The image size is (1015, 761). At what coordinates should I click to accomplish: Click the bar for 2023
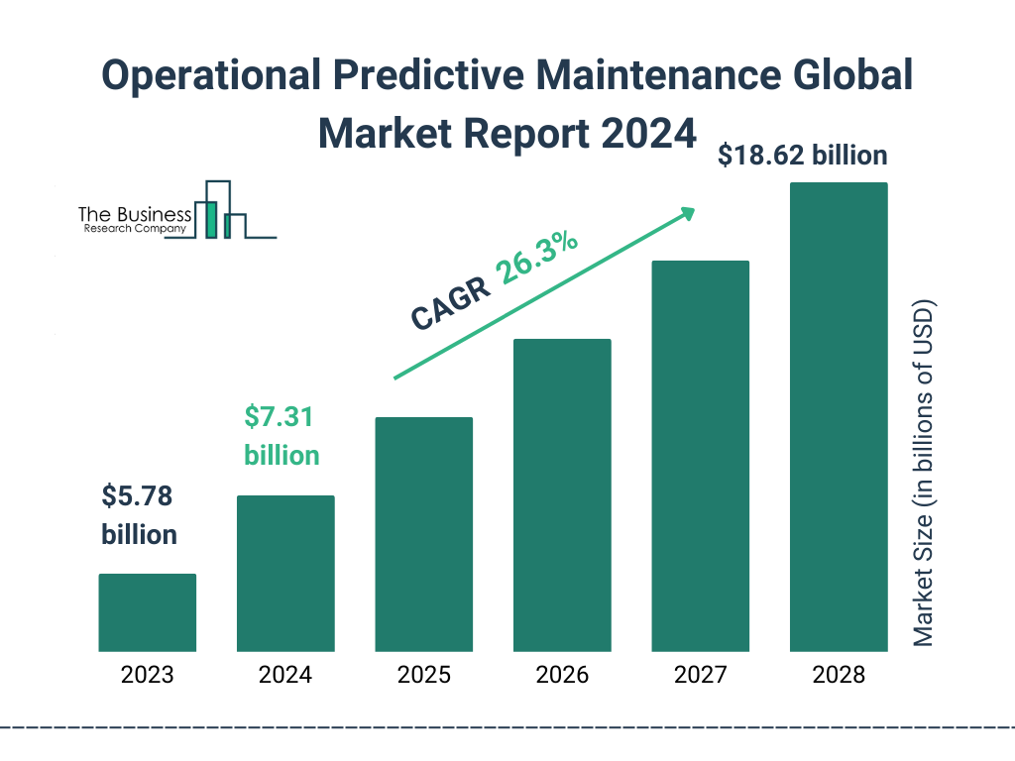tap(147, 612)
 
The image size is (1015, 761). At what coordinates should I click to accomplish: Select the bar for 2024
tap(285, 573)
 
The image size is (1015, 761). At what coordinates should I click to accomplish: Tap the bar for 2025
tap(423, 534)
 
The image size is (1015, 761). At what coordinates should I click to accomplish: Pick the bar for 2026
tap(562, 494)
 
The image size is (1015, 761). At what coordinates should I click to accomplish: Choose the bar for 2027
tap(700, 456)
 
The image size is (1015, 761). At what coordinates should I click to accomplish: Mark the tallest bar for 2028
tap(839, 417)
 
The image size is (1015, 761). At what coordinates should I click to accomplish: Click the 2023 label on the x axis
tap(147, 676)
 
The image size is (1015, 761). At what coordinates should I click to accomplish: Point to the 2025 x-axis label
tap(423, 676)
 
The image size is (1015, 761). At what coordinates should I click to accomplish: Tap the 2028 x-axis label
tap(839, 676)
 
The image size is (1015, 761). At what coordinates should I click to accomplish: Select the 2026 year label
tap(562, 676)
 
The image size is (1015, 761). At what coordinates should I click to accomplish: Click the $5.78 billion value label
tap(140, 515)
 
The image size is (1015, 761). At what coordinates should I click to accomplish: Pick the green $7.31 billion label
tap(282, 436)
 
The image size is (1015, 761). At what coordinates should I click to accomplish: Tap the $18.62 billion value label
tap(803, 156)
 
